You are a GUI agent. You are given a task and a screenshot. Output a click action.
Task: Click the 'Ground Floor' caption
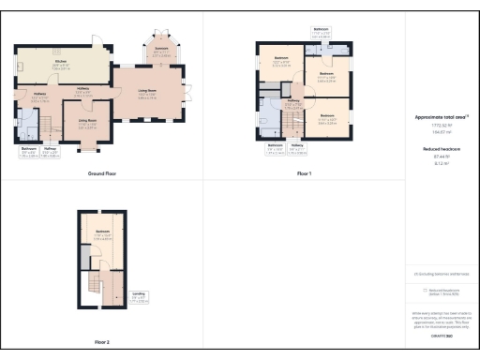[x=101, y=174]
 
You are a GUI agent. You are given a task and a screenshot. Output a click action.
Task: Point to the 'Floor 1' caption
[x=304, y=174]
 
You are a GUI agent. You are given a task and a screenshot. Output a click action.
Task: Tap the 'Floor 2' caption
[x=101, y=342]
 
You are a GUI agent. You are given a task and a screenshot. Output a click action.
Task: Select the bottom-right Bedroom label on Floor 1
[x=327, y=118]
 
